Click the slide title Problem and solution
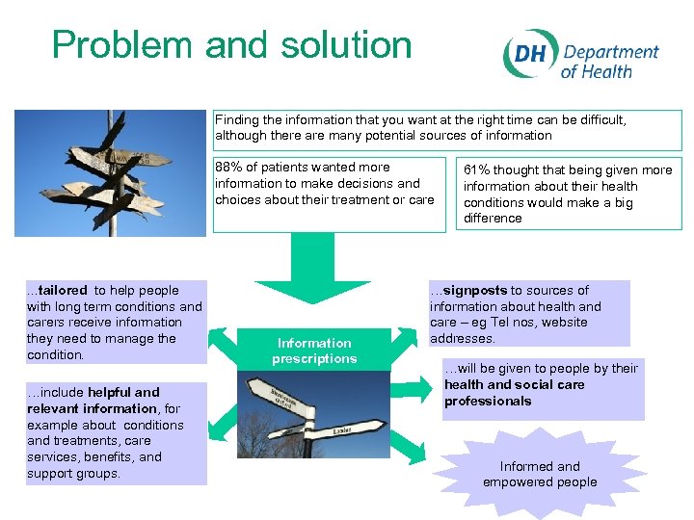[x=231, y=45]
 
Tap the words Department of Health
[x=610, y=61]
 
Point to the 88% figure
[x=228, y=168]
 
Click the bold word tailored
[x=63, y=290]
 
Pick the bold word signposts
[x=474, y=290]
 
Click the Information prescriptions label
[x=314, y=351]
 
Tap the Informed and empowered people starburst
[x=540, y=474]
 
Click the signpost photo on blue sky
[x=110, y=173]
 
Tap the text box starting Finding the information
[x=447, y=128]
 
